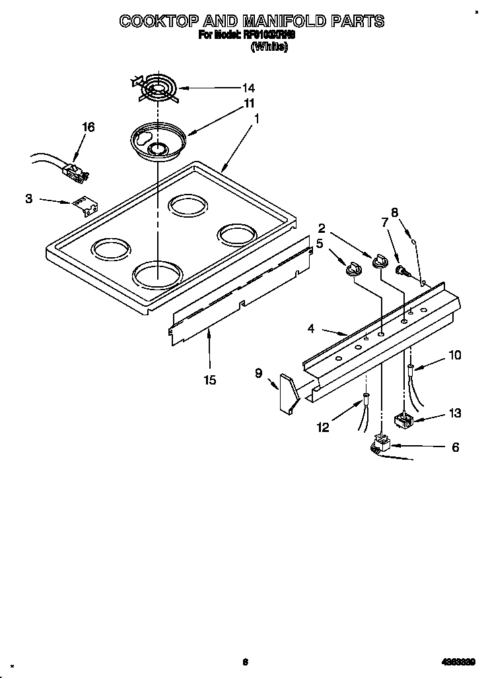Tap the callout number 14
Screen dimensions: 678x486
(x=230, y=88)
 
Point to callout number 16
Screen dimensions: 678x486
(x=88, y=127)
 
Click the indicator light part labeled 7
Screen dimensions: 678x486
(x=401, y=270)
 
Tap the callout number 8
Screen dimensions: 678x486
(x=394, y=212)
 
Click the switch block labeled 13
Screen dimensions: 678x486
(x=402, y=420)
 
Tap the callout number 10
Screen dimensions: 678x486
(x=454, y=355)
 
